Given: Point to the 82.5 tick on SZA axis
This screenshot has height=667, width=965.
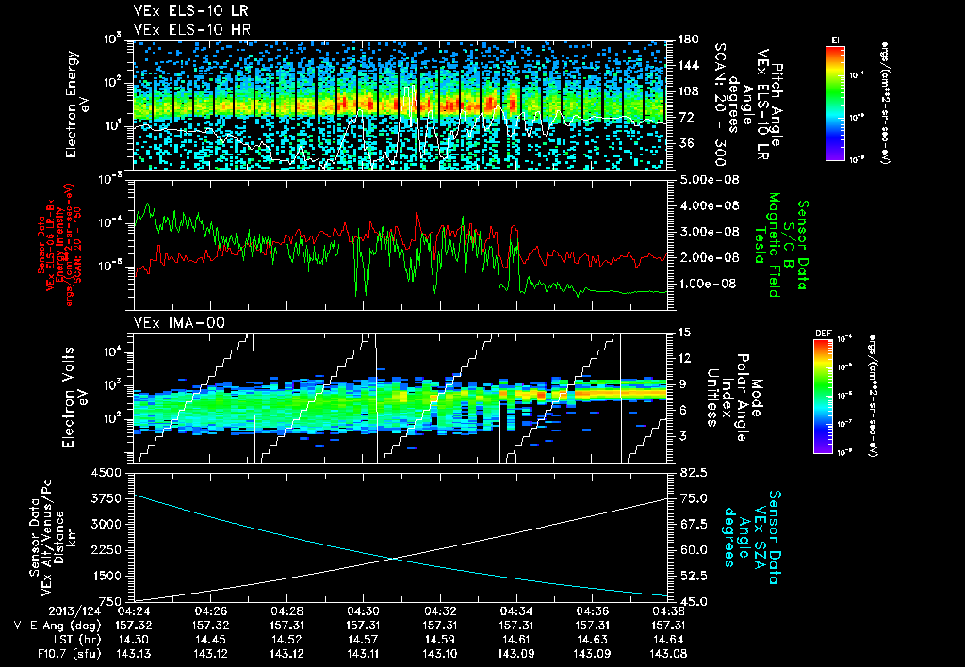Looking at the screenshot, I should (687, 472).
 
